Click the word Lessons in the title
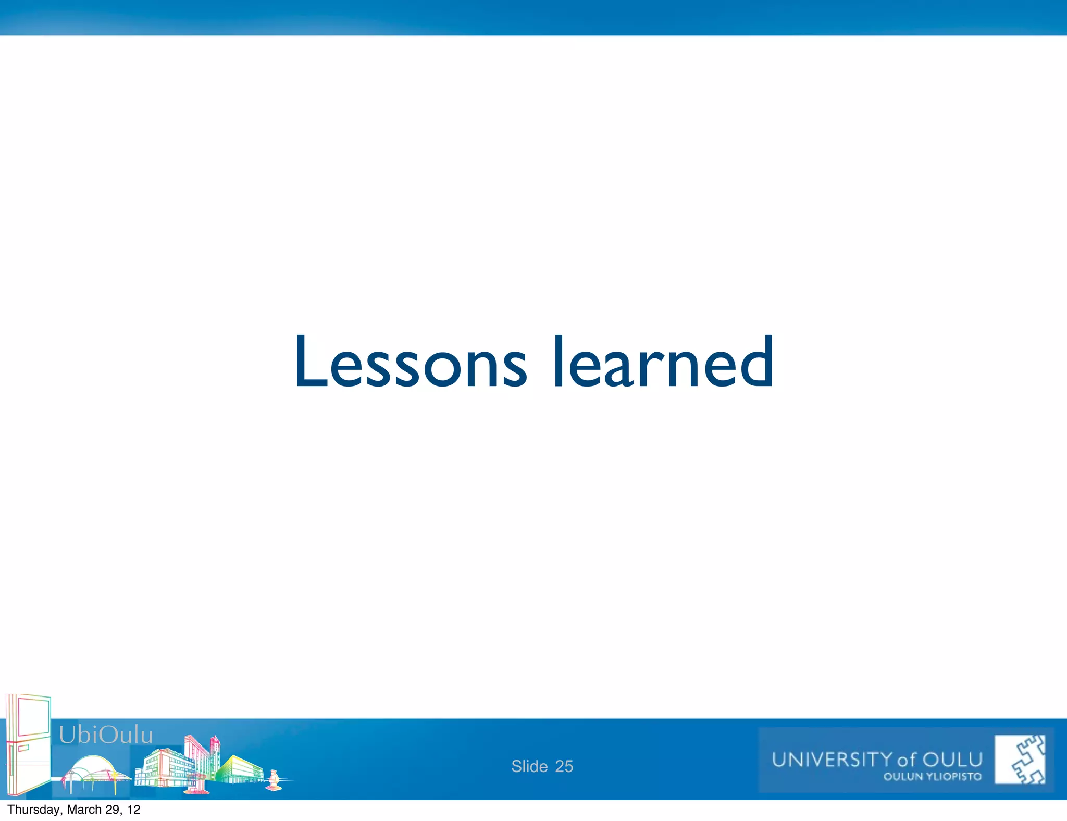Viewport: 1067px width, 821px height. coord(411,363)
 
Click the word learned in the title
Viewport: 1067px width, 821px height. coord(663,363)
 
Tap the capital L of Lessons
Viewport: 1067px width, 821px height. coord(311,363)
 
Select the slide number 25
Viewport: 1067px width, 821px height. coord(564,766)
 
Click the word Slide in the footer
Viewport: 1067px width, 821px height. coord(529,766)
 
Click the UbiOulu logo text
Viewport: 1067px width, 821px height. coord(106,735)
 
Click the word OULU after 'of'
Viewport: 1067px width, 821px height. coord(952,760)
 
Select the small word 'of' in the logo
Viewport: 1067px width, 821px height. coord(907,761)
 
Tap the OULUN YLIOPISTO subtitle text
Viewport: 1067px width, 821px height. coord(932,777)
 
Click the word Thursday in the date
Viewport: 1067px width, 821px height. coord(34,810)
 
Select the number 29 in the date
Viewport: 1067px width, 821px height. coord(113,810)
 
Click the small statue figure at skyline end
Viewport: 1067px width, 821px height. coord(274,780)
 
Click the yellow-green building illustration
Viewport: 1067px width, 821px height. coord(240,769)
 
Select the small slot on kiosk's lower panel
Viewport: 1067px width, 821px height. coord(23,748)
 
